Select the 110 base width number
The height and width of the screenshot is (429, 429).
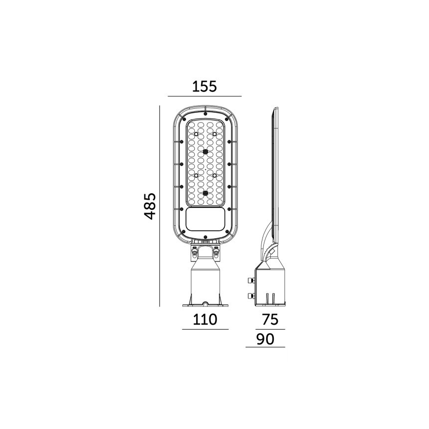[205, 319]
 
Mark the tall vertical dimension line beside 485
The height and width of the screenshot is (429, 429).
[160, 206]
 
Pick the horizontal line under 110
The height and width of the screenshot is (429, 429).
[205, 329]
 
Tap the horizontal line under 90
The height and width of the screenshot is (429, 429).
[265, 347]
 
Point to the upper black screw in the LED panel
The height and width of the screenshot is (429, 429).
[205, 152]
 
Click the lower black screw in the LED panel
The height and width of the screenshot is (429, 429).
[205, 193]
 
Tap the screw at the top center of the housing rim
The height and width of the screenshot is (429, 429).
[205, 111]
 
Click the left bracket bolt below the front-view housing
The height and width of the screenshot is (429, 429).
[194, 253]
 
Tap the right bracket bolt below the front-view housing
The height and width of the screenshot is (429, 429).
[216, 253]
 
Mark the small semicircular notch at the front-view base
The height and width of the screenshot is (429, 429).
[205, 302]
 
